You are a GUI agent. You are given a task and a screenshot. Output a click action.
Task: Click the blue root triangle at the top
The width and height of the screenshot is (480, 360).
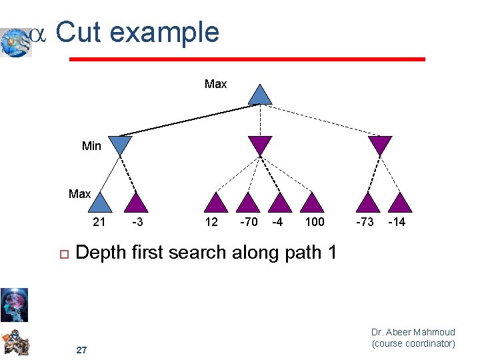[259, 95]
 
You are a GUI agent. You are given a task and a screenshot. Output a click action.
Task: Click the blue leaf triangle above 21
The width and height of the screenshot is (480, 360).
[99, 203]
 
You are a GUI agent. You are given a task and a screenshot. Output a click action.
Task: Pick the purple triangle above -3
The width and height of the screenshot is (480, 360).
[137, 203]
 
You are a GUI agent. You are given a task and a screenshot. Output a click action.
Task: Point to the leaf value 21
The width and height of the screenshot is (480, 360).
[99, 222]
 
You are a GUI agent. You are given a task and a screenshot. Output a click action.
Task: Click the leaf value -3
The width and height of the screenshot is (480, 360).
[137, 222]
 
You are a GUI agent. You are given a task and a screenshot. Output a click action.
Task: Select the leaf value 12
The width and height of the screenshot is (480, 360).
[211, 222]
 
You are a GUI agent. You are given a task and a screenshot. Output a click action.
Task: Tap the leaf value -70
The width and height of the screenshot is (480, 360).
[248, 222]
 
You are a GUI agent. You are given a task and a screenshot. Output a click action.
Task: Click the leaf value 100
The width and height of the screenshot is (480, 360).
[314, 222]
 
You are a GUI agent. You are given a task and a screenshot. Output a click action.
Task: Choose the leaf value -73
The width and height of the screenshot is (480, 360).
[365, 222]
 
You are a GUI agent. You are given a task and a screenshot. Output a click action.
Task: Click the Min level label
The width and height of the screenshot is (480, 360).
[91, 145]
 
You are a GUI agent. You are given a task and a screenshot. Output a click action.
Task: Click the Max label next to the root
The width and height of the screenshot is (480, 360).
[215, 84]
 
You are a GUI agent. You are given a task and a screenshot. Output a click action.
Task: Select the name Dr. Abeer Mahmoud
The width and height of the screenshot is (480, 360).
[413, 332]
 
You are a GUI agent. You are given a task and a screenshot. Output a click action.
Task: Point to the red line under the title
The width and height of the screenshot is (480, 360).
[247, 59]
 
